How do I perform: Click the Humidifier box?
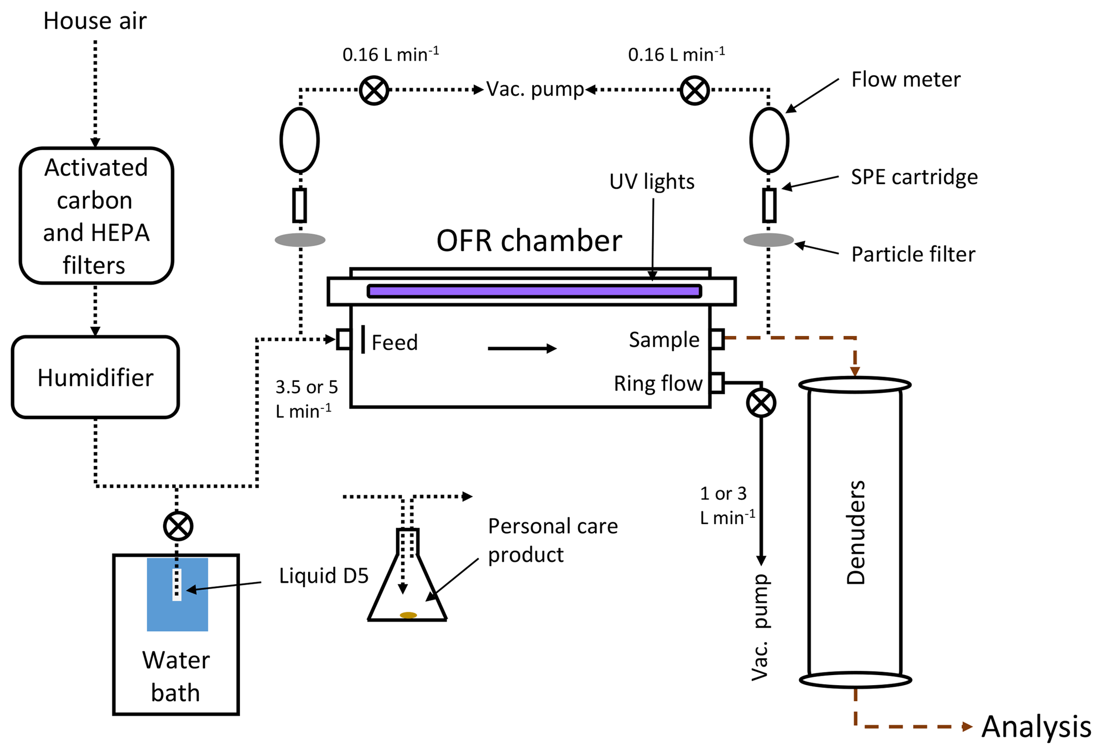(x=95, y=377)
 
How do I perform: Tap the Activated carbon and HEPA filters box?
(x=96, y=215)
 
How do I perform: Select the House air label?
(x=95, y=21)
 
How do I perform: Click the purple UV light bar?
(x=534, y=291)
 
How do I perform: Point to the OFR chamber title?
(x=529, y=240)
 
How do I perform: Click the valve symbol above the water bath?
(x=178, y=526)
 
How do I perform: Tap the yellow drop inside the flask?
(x=408, y=615)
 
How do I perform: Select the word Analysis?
(x=1036, y=726)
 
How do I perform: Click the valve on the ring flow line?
(x=761, y=403)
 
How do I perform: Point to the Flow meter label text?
(x=905, y=79)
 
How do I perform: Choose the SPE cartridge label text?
(x=914, y=177)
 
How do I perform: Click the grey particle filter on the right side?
(x=768, y=240)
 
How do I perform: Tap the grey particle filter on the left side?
(x=300, y=240)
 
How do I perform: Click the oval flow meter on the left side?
(x=300, y=140)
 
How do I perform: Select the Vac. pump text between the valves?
(x=535, y=89)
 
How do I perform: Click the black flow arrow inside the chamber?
(x=522, y=348)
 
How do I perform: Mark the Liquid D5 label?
(x=324, y=576)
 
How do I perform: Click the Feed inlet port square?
(x=344, y=339)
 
